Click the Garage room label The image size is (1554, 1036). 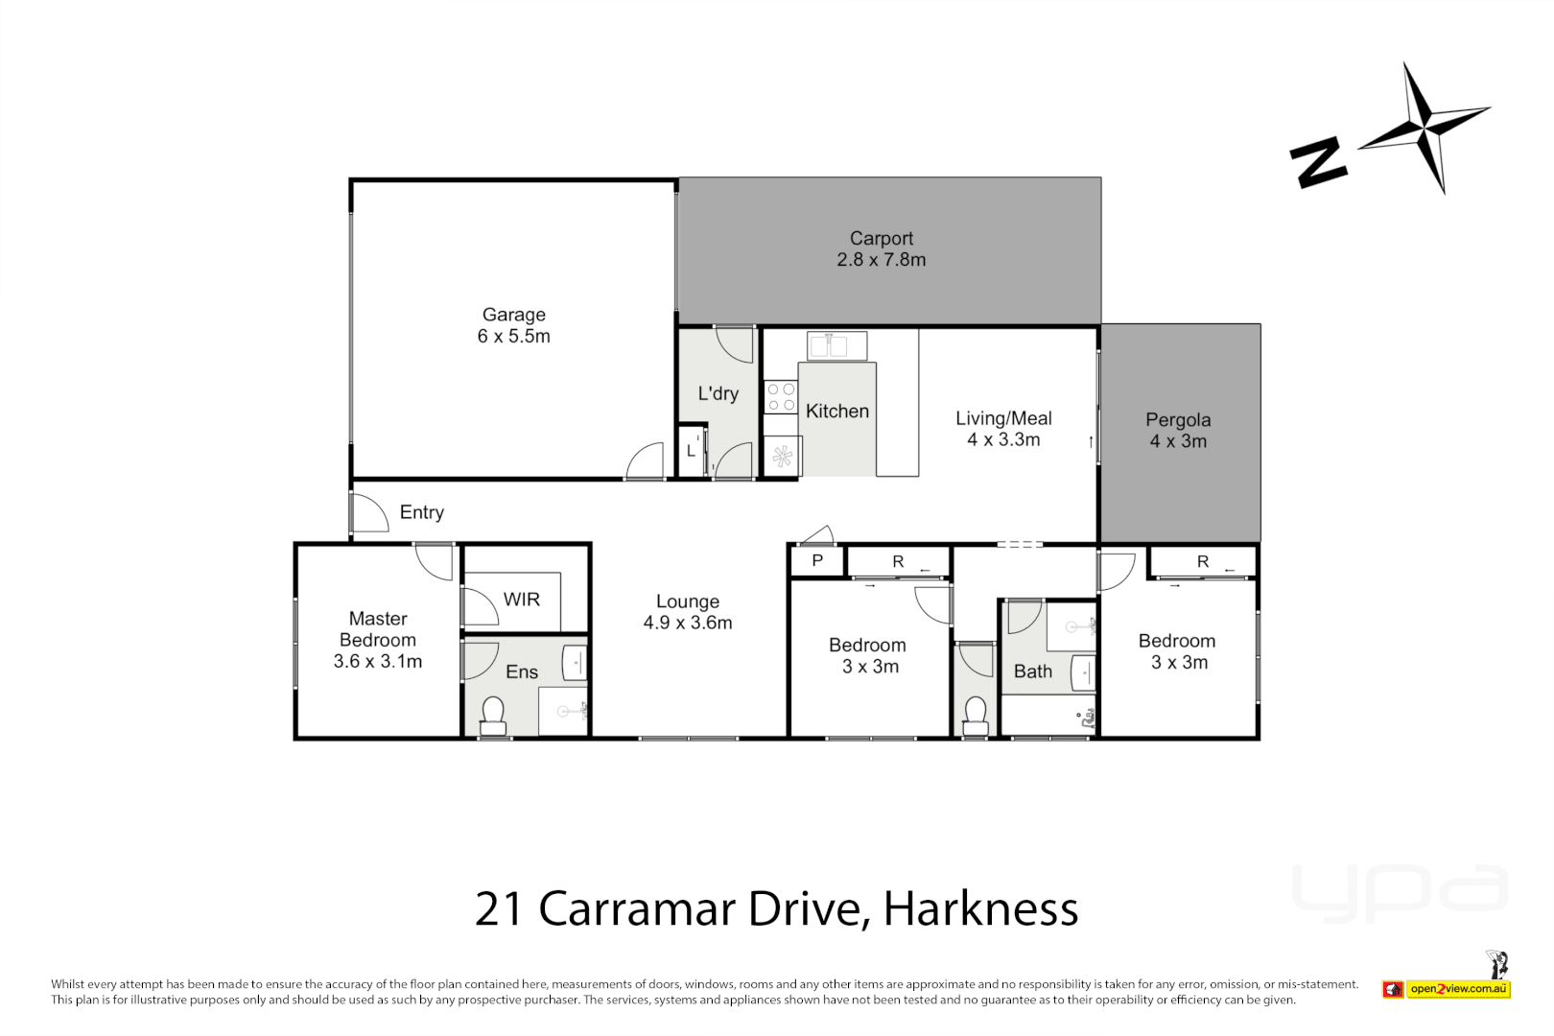[x=513, y=315]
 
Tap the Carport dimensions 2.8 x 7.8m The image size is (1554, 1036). [x=881, y=260]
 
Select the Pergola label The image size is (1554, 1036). [x=1178, y=420]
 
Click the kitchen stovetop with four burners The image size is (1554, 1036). [x=781, y=397]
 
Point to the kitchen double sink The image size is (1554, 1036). [x=836, y=344]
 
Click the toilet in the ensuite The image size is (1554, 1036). [x=493, y=713]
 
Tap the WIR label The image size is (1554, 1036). [x=522, y=600]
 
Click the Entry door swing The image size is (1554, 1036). [x=368, y=513]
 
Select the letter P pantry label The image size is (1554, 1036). [x=817, y=561]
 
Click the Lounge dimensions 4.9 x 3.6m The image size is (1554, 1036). [x=687, y=624]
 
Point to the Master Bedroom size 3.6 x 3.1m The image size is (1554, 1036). [x=378, y=662]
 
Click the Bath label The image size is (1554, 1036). [x=1033, y=671]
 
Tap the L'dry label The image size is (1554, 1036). [x=718, y=393]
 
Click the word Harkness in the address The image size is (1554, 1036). [x=980, y=908]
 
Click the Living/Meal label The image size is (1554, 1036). [x=1003, y=418]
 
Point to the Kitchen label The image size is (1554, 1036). [x=837, y=412]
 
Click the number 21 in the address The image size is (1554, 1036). [x=499, y=908]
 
